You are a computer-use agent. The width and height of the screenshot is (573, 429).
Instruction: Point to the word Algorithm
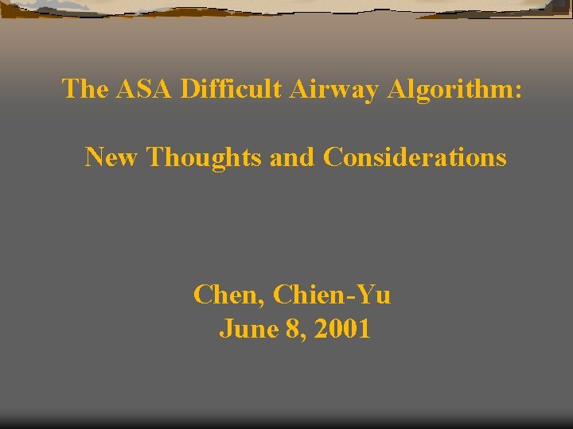pyautogui.click(x=451, y=89)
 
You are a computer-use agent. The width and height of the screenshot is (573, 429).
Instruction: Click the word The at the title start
pyautogui.click(x=86, y=88)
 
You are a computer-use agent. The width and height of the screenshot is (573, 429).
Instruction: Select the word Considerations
pyautogui.click(x=415, y=157)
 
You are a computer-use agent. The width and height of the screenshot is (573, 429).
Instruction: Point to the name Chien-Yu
pyautogui.click(x=332, y=296)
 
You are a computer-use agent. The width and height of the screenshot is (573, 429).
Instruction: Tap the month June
pyautogui.click(x=248, y=329)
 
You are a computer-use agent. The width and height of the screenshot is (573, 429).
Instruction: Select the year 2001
pyautogui.click(x=342, y=329)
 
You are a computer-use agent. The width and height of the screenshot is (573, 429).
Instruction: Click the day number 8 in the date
pyautogui.click(x=292, y=329)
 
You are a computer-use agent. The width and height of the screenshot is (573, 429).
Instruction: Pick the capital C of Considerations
pyautogui.click(x=332, y=157)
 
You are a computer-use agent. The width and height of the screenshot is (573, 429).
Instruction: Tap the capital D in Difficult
pyautogui.click(x=189, y=88)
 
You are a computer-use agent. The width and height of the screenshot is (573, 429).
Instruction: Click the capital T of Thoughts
pyautogui.click(x=155, y=157)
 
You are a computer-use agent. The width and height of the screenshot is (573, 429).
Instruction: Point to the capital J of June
pyautogui.click(x=225, y=329)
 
